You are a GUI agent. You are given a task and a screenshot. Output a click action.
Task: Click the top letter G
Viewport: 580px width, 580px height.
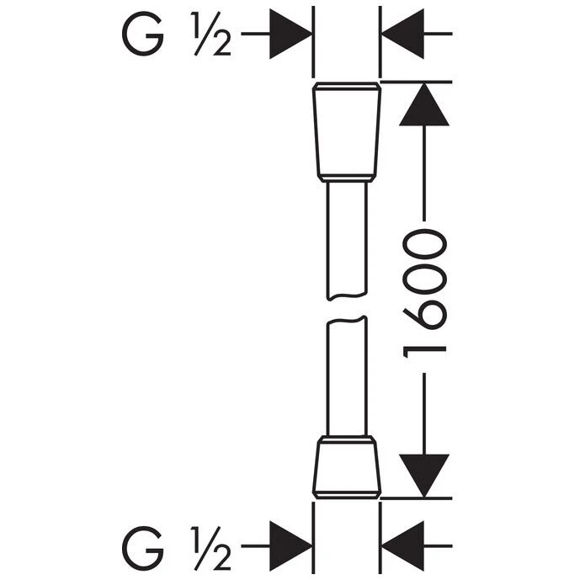click(142, 35)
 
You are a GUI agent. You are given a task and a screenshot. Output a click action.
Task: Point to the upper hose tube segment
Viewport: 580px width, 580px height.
click(347, 236)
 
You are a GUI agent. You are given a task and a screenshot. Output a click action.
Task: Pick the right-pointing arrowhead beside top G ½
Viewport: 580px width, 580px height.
click(290, 35)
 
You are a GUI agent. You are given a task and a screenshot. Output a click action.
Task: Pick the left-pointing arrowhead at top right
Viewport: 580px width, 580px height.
click(402, 35)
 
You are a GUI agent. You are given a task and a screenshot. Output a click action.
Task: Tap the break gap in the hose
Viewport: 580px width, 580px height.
click(347, 306)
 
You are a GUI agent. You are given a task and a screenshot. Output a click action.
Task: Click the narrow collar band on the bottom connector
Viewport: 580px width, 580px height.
click(347, 440)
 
